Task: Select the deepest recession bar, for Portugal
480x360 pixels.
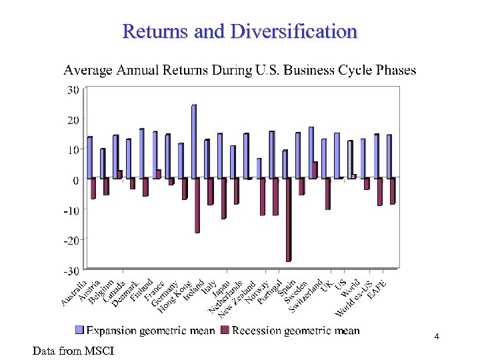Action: [x=288, y=219]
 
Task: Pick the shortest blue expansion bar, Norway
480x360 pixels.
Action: [x=259, y=168]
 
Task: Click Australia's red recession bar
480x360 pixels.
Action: [x=93, y=188]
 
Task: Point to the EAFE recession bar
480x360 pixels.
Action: [x=393, y=191]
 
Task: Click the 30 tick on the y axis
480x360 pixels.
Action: [x=73, y=89]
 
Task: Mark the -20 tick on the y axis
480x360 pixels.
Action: [x=71, y=239]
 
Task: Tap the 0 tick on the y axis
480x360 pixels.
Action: [x=75, y=179]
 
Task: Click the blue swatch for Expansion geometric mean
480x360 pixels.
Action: [x=80, y=331]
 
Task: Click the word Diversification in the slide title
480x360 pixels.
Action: [x=294, y=31]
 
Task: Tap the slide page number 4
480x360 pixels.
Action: [x=436, y=337]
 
